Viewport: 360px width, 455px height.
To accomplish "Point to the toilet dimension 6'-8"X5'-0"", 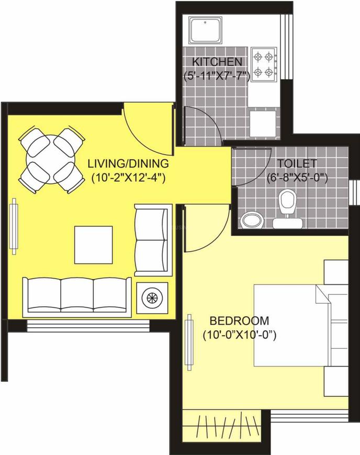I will pos(296,177).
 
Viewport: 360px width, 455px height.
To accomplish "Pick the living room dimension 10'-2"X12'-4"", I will pos(128,177).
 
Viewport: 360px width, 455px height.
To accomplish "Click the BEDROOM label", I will pos(239,320).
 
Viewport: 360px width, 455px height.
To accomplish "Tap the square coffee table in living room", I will pos(93,245).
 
